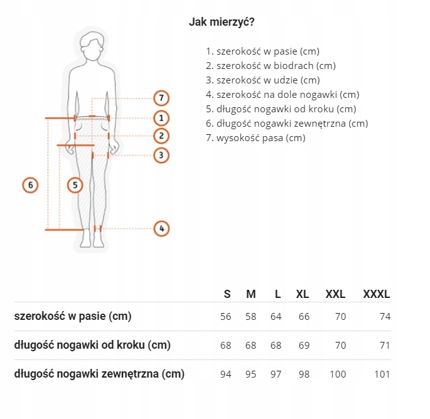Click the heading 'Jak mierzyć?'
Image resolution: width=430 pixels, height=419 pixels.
(x=222, y=21)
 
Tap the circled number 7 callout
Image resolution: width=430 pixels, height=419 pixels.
(x=161, y=98)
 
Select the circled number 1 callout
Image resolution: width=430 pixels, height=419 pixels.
(x=161, y=117)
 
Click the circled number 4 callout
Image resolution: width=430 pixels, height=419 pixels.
(x=161, y=229)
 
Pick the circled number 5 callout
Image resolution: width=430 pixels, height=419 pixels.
(x=75, y=185)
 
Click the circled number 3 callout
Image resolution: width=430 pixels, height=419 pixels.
(x=161, y=155)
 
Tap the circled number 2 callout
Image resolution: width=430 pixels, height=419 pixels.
(x=161, y=135)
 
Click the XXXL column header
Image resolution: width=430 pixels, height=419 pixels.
(x=377, y=294)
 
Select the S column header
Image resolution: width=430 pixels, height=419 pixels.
(x=227, y=294)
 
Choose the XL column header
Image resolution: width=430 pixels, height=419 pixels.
(x=303, y=294)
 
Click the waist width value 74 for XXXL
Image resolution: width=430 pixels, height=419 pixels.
(x=385, y=317)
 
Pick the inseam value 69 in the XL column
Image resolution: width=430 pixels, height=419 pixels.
(x=304, y=346)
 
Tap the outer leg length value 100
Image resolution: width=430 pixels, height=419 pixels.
(x=338, y=374)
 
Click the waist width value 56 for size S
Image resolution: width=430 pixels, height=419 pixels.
(x=226, y=317)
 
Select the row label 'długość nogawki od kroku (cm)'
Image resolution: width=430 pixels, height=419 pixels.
(x=92, y=345)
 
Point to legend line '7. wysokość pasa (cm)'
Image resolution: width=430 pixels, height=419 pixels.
(x=255, y=138)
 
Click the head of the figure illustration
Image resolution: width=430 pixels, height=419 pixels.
(x=93, y=46)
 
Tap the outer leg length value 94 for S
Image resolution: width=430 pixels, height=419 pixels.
(x=226, y=374)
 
